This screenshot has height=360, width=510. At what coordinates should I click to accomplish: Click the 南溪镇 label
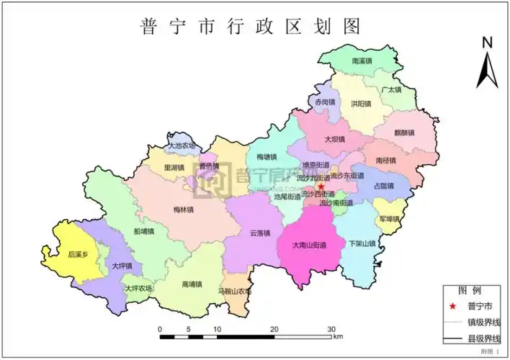(362, 62)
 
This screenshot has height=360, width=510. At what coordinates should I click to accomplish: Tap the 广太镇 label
(392, 90)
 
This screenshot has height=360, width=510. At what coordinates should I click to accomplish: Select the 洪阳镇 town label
(361, 104)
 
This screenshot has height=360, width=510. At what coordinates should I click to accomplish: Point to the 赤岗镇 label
(325, 102)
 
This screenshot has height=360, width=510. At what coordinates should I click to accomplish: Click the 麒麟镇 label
(404, 132)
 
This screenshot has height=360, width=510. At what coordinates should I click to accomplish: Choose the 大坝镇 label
(334, 139)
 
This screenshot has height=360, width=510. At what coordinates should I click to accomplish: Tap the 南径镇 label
(385, 161)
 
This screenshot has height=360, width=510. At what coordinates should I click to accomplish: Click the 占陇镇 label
(384, 186)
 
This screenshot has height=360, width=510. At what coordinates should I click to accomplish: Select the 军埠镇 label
(388, 218)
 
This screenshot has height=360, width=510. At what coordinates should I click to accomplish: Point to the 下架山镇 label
(362, 244)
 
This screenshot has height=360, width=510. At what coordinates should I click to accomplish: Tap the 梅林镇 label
(184, 210)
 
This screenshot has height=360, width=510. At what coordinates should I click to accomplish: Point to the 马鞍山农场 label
(234, 292)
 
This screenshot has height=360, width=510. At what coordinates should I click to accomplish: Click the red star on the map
(321, 186)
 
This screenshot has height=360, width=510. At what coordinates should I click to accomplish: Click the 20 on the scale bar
(274, 329)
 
